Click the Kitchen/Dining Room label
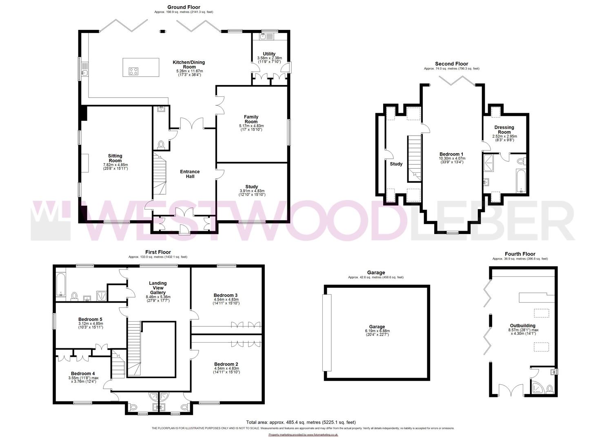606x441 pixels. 189,65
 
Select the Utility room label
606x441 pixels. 269,54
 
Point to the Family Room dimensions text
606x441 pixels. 251,127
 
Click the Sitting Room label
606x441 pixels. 115,158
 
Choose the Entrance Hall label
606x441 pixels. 190,174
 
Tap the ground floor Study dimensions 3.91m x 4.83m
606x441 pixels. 252,193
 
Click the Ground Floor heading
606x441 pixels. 184,7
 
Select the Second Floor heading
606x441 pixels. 451,64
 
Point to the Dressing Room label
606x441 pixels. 504,129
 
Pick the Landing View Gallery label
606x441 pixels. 158,288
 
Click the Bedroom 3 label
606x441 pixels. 226,295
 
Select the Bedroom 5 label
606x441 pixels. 90,319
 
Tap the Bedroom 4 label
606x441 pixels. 83,374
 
